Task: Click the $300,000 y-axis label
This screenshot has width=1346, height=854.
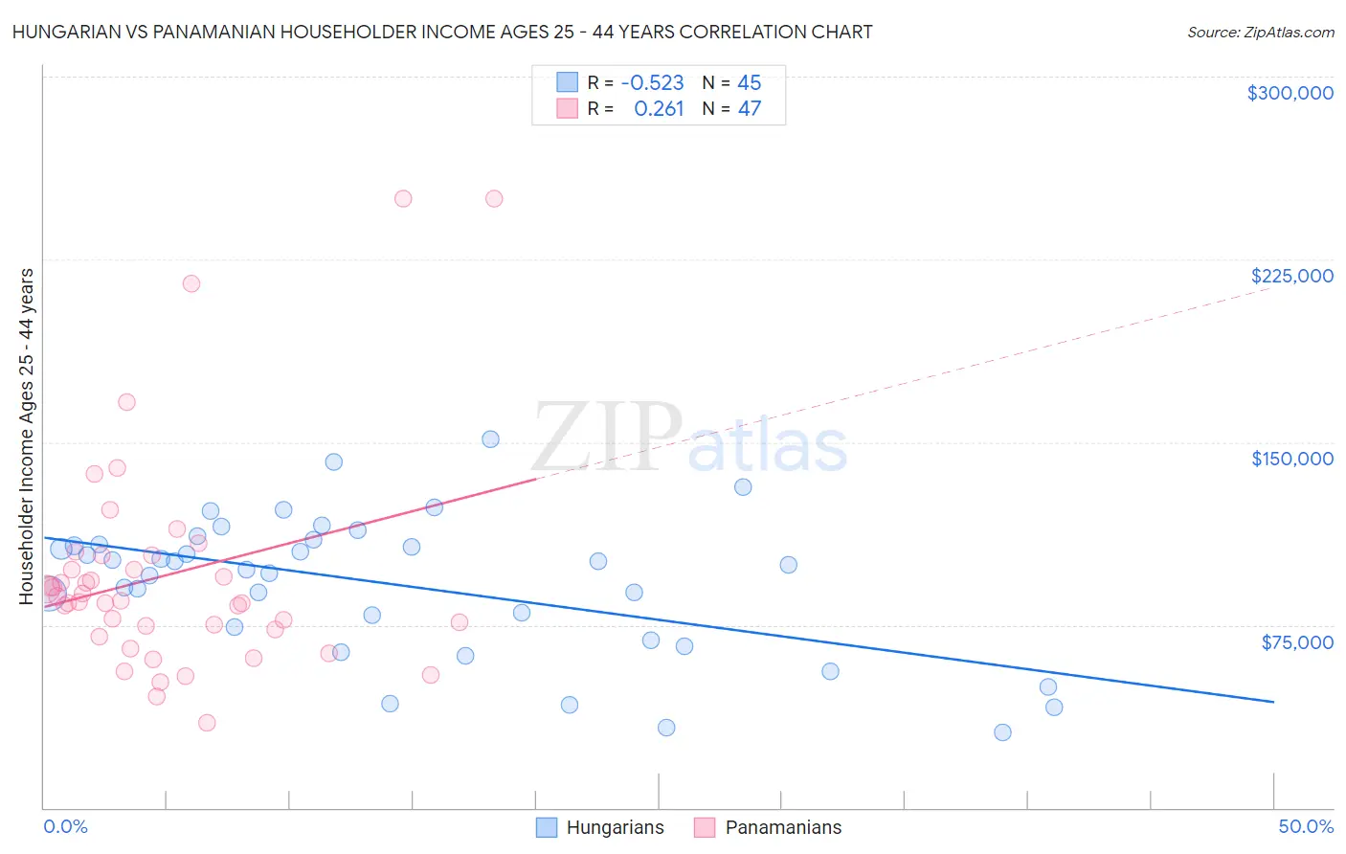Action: [x=1290, y=93]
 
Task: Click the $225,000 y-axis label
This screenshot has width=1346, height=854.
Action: [x=1291, y=276]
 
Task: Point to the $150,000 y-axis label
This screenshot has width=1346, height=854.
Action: [x=1291, y=459]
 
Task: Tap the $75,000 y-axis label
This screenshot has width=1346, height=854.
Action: [x=1296, y=642]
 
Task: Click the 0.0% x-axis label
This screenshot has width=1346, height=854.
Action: [x=65, y=826]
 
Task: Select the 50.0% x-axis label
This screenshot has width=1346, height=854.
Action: [x=1305, y=826]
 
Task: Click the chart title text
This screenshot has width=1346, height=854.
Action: [x=442, y=32]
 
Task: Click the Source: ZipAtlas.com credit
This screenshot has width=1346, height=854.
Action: [x=1260, y=33]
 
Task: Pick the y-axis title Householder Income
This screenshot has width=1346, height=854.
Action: [x=27, y=437]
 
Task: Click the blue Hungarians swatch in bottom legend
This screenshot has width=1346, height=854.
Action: [x=547, y=827]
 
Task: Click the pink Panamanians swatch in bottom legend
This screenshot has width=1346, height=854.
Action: [x=705, y=827]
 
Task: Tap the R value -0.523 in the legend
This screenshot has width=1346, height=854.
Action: [x=652, y=83]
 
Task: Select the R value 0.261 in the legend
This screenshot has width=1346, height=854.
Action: [x=659, y=109]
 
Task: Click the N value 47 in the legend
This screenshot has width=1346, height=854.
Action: [x=749, y=109]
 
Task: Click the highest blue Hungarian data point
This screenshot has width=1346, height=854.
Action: [x=490, y=439]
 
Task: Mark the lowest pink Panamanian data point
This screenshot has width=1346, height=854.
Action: [x=207, y=723]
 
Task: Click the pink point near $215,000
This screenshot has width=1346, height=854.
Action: [x=191, y=283]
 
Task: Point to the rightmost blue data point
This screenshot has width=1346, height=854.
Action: [x=1054, y=708]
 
